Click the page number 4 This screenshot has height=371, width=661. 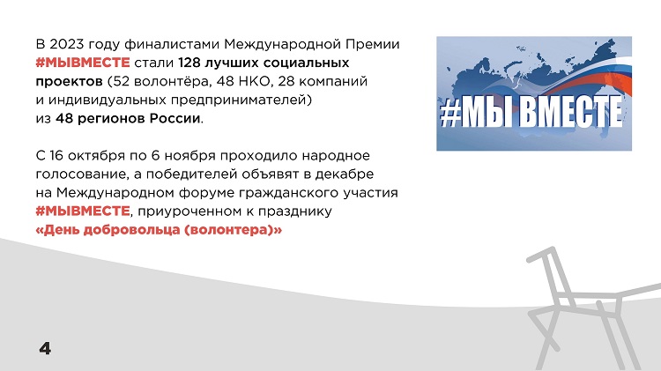click(x=45, y=348)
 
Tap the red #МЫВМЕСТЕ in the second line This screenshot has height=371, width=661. click(x=83, y=63)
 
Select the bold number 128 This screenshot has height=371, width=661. click(x=189, y=63)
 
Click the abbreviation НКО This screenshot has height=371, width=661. click(x=254, y=81)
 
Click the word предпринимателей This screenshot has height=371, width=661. click(x=241, y=100)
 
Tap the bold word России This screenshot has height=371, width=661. click(x=175, y=118)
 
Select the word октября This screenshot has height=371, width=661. click(x=94, y=156)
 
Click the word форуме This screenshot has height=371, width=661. click(x=206, y=193)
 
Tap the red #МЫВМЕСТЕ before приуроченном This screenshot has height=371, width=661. click(x=83, y=211)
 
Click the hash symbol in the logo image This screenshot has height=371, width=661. click(x=449, y=113)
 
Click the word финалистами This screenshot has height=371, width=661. click(x=172, y=44)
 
